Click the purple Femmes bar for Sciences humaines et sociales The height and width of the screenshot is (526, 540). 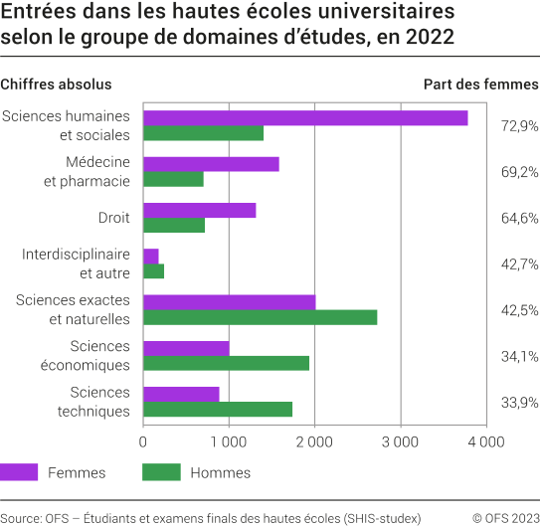(305, 118)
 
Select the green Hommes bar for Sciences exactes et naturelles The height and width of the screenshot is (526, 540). (261, 317)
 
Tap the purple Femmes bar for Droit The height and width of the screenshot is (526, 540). (200, 210)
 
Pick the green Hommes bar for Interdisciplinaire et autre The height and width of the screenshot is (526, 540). (154, 271)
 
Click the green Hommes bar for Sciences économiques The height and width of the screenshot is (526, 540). (227, 363)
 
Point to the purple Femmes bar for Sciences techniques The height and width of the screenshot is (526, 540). (181, 394)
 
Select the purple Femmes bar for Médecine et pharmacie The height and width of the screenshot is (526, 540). (211, 164)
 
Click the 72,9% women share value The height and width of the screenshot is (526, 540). (518, 126)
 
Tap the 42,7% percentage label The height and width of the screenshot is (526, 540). (518, 263)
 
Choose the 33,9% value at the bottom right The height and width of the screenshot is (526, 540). (518, 402)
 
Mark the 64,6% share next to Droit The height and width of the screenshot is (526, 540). (518, 218)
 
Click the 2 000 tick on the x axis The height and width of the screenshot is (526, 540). (315, 441)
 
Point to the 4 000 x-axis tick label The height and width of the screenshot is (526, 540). (486, 441)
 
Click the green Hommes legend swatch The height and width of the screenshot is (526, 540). (161, 472)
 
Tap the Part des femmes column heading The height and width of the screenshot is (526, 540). (481, 85)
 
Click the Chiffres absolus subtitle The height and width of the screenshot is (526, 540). (56, 85)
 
